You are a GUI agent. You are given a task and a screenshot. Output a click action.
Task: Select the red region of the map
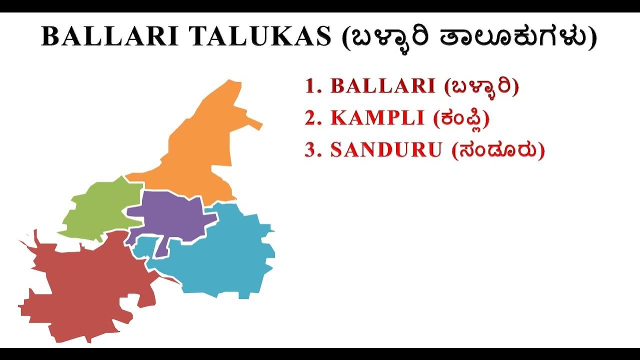click(x=80, y=290)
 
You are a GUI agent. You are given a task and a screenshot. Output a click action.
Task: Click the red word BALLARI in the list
click(x=382, y=86)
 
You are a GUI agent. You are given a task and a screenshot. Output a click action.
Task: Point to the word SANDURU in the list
click(x=386, y=150)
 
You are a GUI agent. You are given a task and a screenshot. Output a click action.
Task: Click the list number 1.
click(x=312, y=86)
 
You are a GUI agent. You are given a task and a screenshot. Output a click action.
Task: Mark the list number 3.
click(x=312, y=150)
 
